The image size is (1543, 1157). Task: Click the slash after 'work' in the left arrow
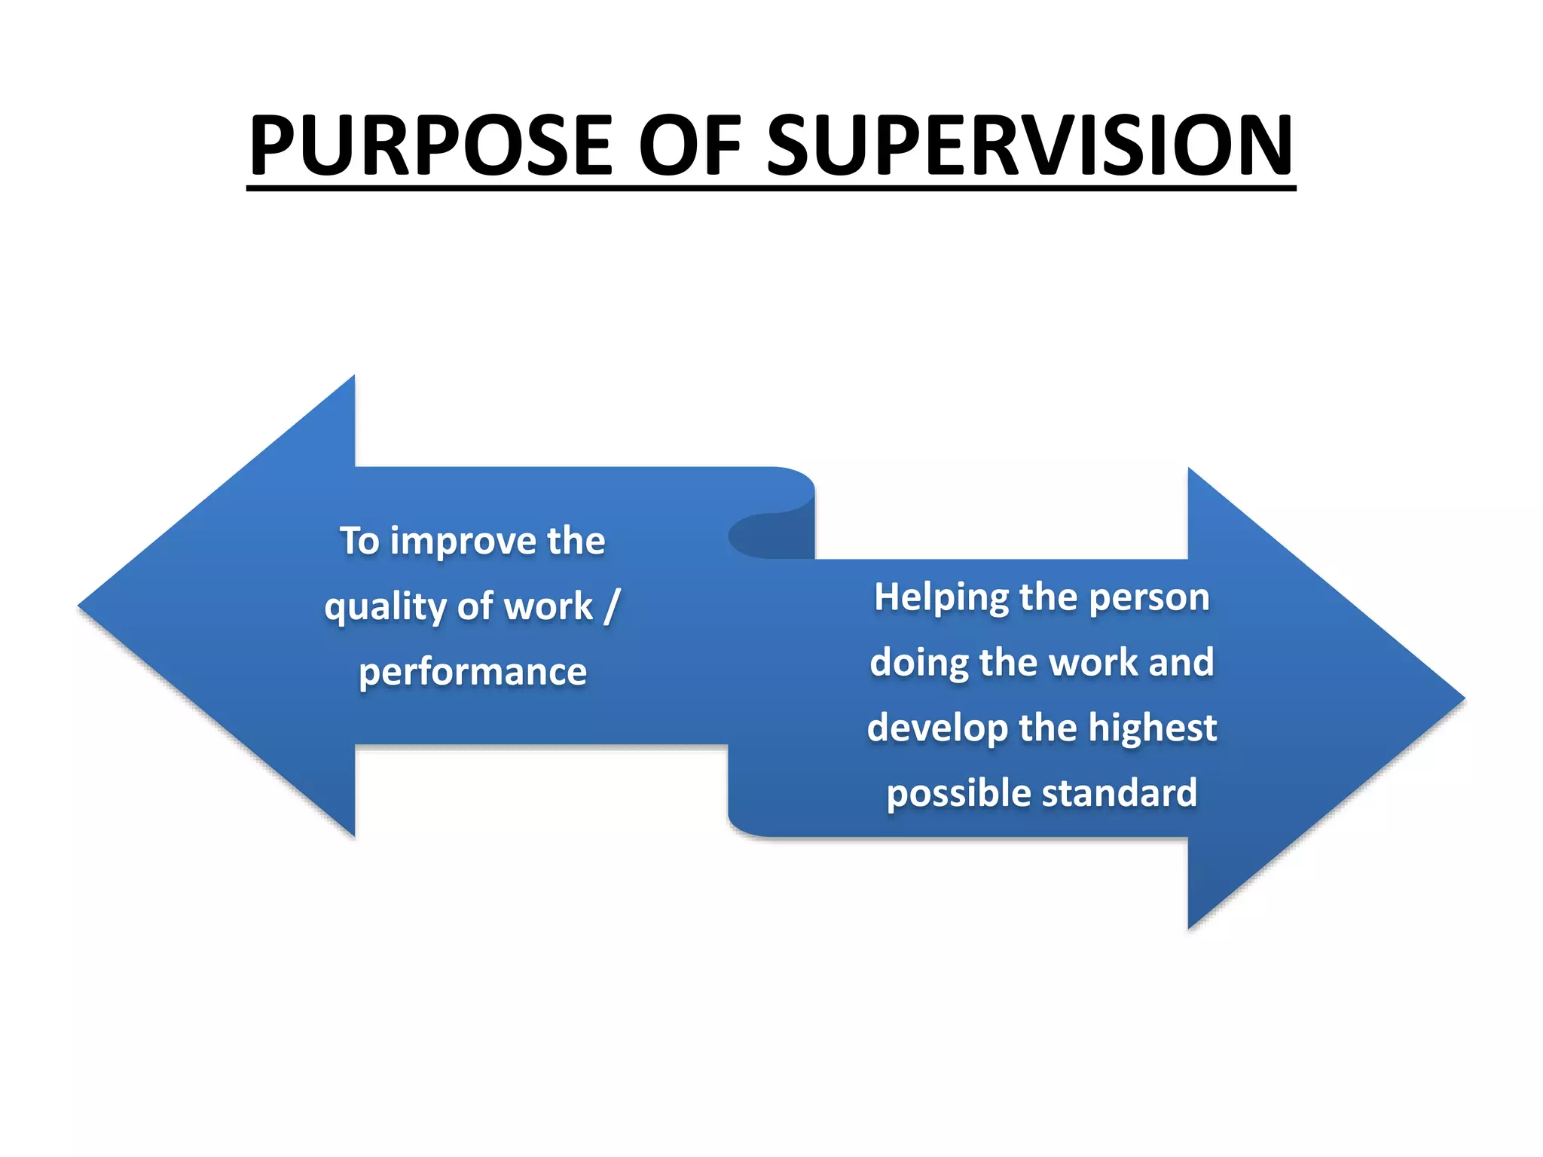612,606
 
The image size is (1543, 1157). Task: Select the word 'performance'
472,672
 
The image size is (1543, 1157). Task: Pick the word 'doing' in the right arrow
918,663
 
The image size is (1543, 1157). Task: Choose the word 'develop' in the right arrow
936,728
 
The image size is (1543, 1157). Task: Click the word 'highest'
1152,728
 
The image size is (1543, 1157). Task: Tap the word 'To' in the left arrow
359,541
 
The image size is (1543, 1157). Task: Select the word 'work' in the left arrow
548,606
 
